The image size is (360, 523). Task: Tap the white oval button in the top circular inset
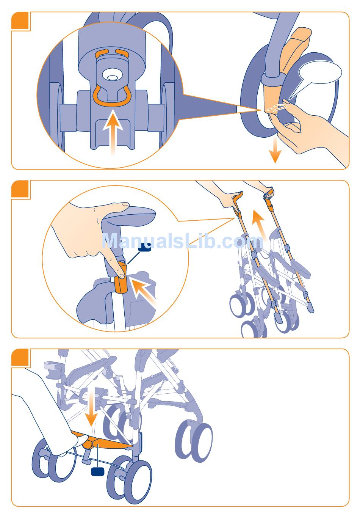112,77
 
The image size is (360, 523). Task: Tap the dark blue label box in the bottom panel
97,471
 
